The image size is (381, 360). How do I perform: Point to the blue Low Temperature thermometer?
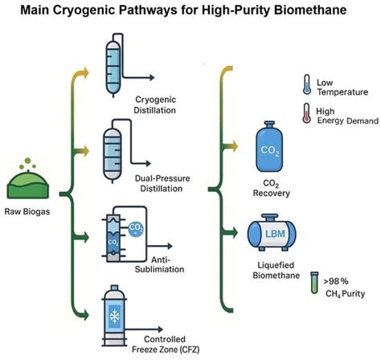click(x=307, y=86)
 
